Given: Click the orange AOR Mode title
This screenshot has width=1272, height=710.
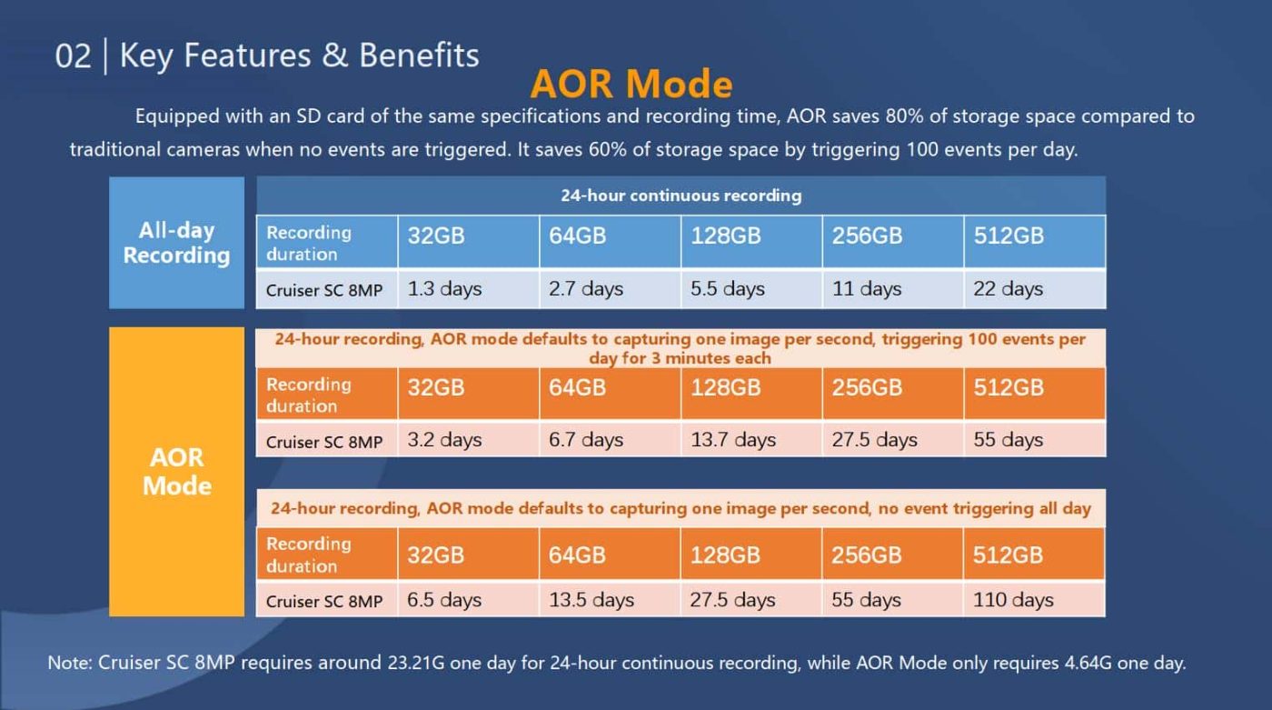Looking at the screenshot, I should (x=631, y=84).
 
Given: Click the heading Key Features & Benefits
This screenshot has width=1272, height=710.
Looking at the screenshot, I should (x=299, y=55).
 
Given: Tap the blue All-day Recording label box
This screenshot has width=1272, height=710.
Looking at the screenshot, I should (x=176, y=243).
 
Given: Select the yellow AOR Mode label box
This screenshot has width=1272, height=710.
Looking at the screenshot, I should (x=176, y=471).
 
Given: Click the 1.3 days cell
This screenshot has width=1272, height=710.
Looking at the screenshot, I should (x=444, y=289).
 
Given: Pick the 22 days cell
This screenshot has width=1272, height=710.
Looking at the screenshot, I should (x=1009, y=289).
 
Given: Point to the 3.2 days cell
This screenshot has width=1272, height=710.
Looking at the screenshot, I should (x=444, y=440).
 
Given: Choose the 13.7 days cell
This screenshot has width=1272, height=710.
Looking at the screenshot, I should (x=733, y=440).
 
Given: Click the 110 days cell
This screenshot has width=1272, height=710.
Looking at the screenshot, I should (x=1013, y=600).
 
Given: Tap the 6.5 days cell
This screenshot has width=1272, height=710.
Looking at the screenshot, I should (x=444, y=600).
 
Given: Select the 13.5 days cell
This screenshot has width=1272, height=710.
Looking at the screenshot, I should (x=591, y=600).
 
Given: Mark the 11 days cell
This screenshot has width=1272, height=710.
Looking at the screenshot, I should (x=867, y=289).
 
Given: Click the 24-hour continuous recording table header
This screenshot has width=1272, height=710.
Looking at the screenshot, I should (x=681, y=195).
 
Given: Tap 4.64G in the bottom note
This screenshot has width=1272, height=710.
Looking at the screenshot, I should (x=1088, y=663).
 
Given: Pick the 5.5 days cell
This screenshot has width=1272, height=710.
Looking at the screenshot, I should (x=728, y=289).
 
